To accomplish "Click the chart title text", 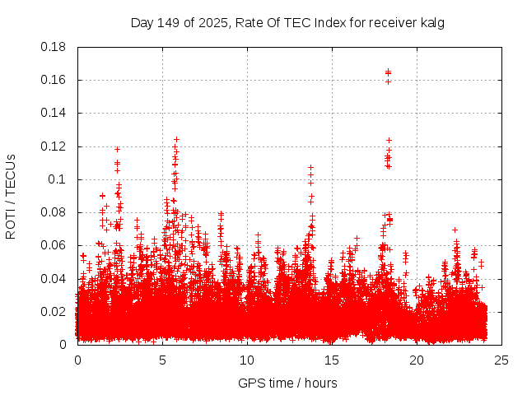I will click(x=287, y=22).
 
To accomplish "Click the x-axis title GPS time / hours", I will click(x=287, y=383).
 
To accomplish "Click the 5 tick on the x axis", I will click(x=162, y=360).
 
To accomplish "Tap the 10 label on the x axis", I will click(x=247, y=360).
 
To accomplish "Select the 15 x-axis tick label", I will click(x=332, y=360).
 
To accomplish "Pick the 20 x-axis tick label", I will click(x=417, y=360).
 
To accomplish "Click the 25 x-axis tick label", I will click(x=501, y=360).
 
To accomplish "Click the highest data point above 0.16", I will click(x=388, y=72).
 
